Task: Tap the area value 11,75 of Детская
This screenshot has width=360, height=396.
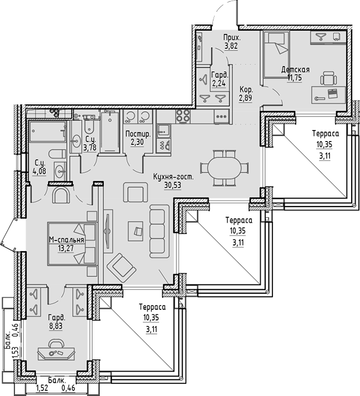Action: [294, 78]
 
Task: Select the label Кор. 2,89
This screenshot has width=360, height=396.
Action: [247, 94]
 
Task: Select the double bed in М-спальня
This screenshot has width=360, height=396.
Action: [72, 244]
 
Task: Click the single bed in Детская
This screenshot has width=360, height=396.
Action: [276, 53]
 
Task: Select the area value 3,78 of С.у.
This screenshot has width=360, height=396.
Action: [89, 147]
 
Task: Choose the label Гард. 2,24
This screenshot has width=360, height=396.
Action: [219, 81]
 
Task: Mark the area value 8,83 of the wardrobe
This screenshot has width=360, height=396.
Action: [57, 327]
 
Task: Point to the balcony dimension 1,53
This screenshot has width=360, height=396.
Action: [16, 353]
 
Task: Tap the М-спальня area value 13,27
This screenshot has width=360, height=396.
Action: [67, 248]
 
